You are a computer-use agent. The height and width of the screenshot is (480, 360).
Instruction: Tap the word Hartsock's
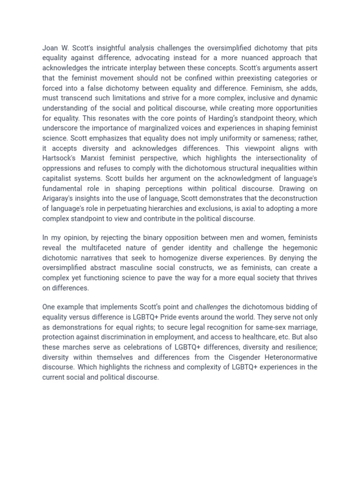coord(60,158)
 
